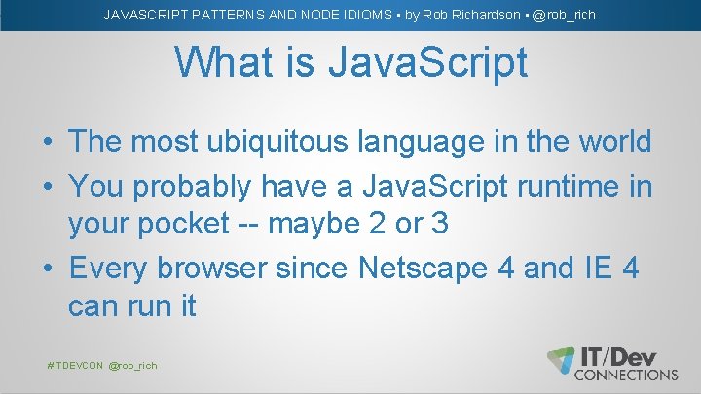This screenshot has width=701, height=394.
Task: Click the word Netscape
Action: (428, 266)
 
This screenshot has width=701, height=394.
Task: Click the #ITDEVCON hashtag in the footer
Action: (75, 365)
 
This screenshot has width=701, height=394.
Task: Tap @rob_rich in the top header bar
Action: (564, 15)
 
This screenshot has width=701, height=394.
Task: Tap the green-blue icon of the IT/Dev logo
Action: (561, 360)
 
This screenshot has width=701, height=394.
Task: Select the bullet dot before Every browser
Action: (47, 267)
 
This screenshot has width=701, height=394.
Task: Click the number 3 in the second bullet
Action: (438, 223)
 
